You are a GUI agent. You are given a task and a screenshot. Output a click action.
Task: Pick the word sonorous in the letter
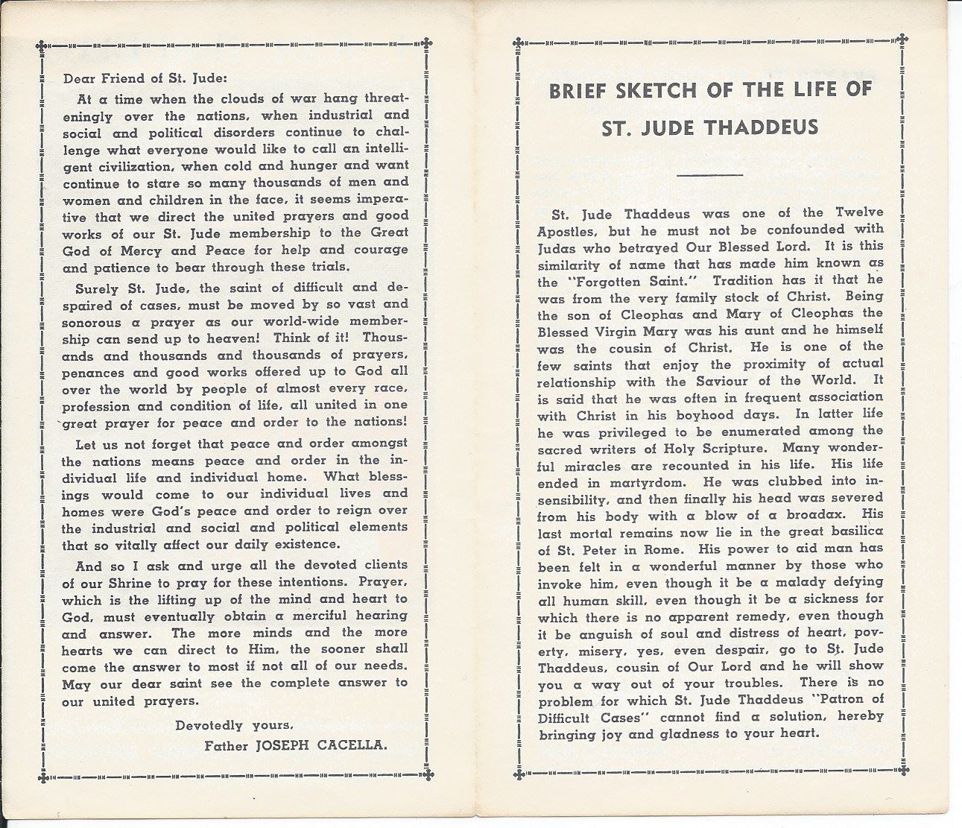[x=91, y=323]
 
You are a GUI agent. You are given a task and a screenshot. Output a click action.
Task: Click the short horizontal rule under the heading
[x=710, y=175]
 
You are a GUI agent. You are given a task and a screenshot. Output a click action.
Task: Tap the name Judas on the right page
[x=557, y=246]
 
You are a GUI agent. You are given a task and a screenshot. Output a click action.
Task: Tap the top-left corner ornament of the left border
[x=42, y=44]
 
